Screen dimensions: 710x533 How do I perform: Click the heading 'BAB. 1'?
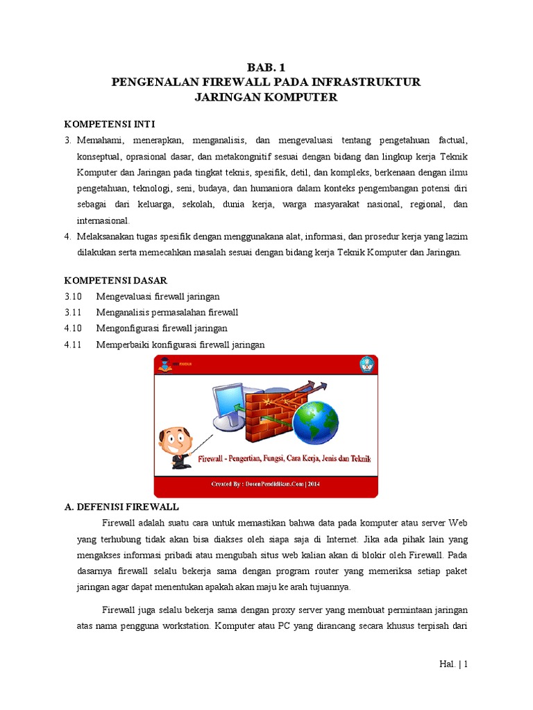point(266,67)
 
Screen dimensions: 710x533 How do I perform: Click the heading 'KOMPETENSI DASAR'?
point(115,280)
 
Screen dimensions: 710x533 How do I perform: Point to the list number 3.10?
point(73,296)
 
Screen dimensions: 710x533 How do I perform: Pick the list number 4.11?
point(73,344)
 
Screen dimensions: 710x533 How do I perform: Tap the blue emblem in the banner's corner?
point(366,365)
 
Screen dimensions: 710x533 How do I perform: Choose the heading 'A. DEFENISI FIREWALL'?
point(121,506)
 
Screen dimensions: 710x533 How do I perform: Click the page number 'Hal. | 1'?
point(454,664)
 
